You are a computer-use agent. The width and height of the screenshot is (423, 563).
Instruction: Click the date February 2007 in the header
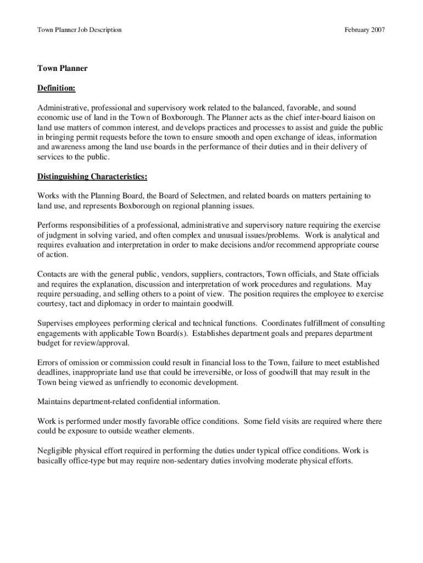[365, 29]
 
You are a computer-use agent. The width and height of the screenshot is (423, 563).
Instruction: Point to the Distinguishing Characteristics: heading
[92, 176]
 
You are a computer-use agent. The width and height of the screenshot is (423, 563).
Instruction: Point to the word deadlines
[54, 373]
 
